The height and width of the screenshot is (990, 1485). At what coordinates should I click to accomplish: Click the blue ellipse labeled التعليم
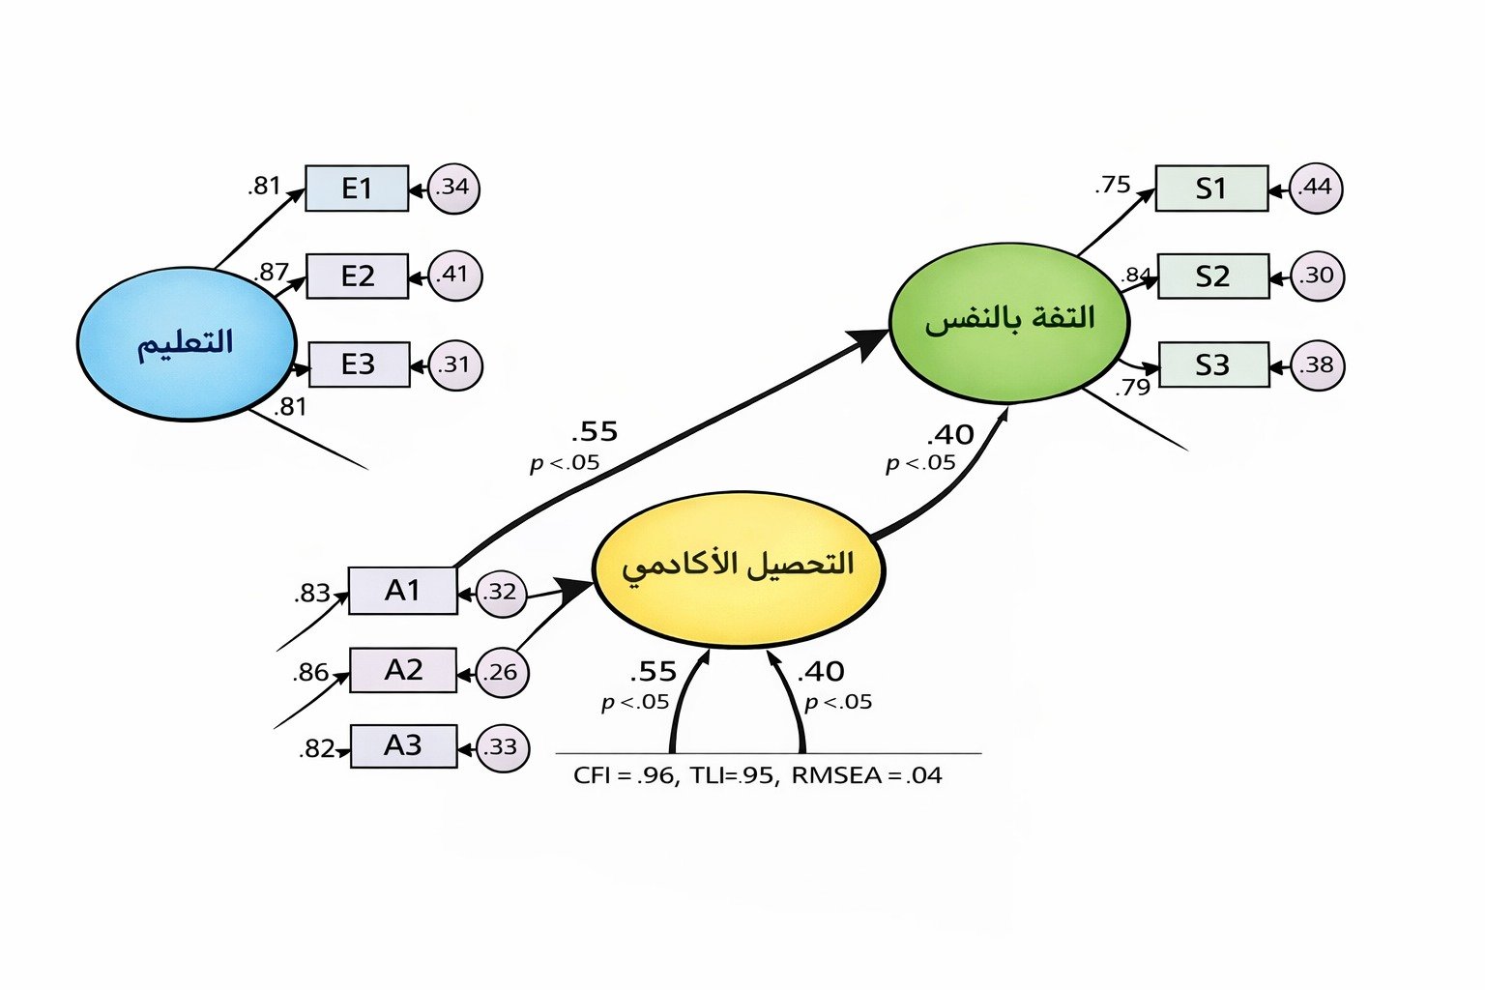(187, 343)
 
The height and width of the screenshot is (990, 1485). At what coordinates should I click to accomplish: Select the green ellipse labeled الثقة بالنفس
(1008, 322)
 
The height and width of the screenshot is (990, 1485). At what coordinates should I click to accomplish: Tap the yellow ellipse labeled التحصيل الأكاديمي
(738, 568)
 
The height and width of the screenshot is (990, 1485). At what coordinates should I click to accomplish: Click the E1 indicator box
(357, 188)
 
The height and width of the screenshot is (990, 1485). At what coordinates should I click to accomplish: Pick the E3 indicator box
(358, 364)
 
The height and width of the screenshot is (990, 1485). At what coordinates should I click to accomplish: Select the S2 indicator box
(1212, 277)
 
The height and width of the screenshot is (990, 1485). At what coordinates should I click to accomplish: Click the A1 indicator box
(402, 590)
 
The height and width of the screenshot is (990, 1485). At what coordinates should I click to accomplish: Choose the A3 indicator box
(403, 745)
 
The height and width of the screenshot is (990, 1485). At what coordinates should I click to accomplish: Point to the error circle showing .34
(453, 187)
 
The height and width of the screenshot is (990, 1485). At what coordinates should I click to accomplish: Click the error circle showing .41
(454, 276)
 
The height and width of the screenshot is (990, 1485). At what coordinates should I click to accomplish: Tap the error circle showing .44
(1316, 188)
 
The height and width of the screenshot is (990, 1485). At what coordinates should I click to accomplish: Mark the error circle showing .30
(1317, 277)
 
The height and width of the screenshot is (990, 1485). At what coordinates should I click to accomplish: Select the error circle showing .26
(502, 672)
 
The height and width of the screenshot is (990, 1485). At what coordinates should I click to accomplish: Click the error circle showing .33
(503, 747)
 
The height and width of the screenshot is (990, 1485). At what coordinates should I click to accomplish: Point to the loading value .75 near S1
(1113, 185)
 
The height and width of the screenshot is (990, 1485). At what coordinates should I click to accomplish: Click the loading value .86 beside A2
(310, 672)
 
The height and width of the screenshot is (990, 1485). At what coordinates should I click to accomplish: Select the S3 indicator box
(1212, 364)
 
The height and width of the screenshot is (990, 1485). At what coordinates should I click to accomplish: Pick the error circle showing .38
(1317, 365)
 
